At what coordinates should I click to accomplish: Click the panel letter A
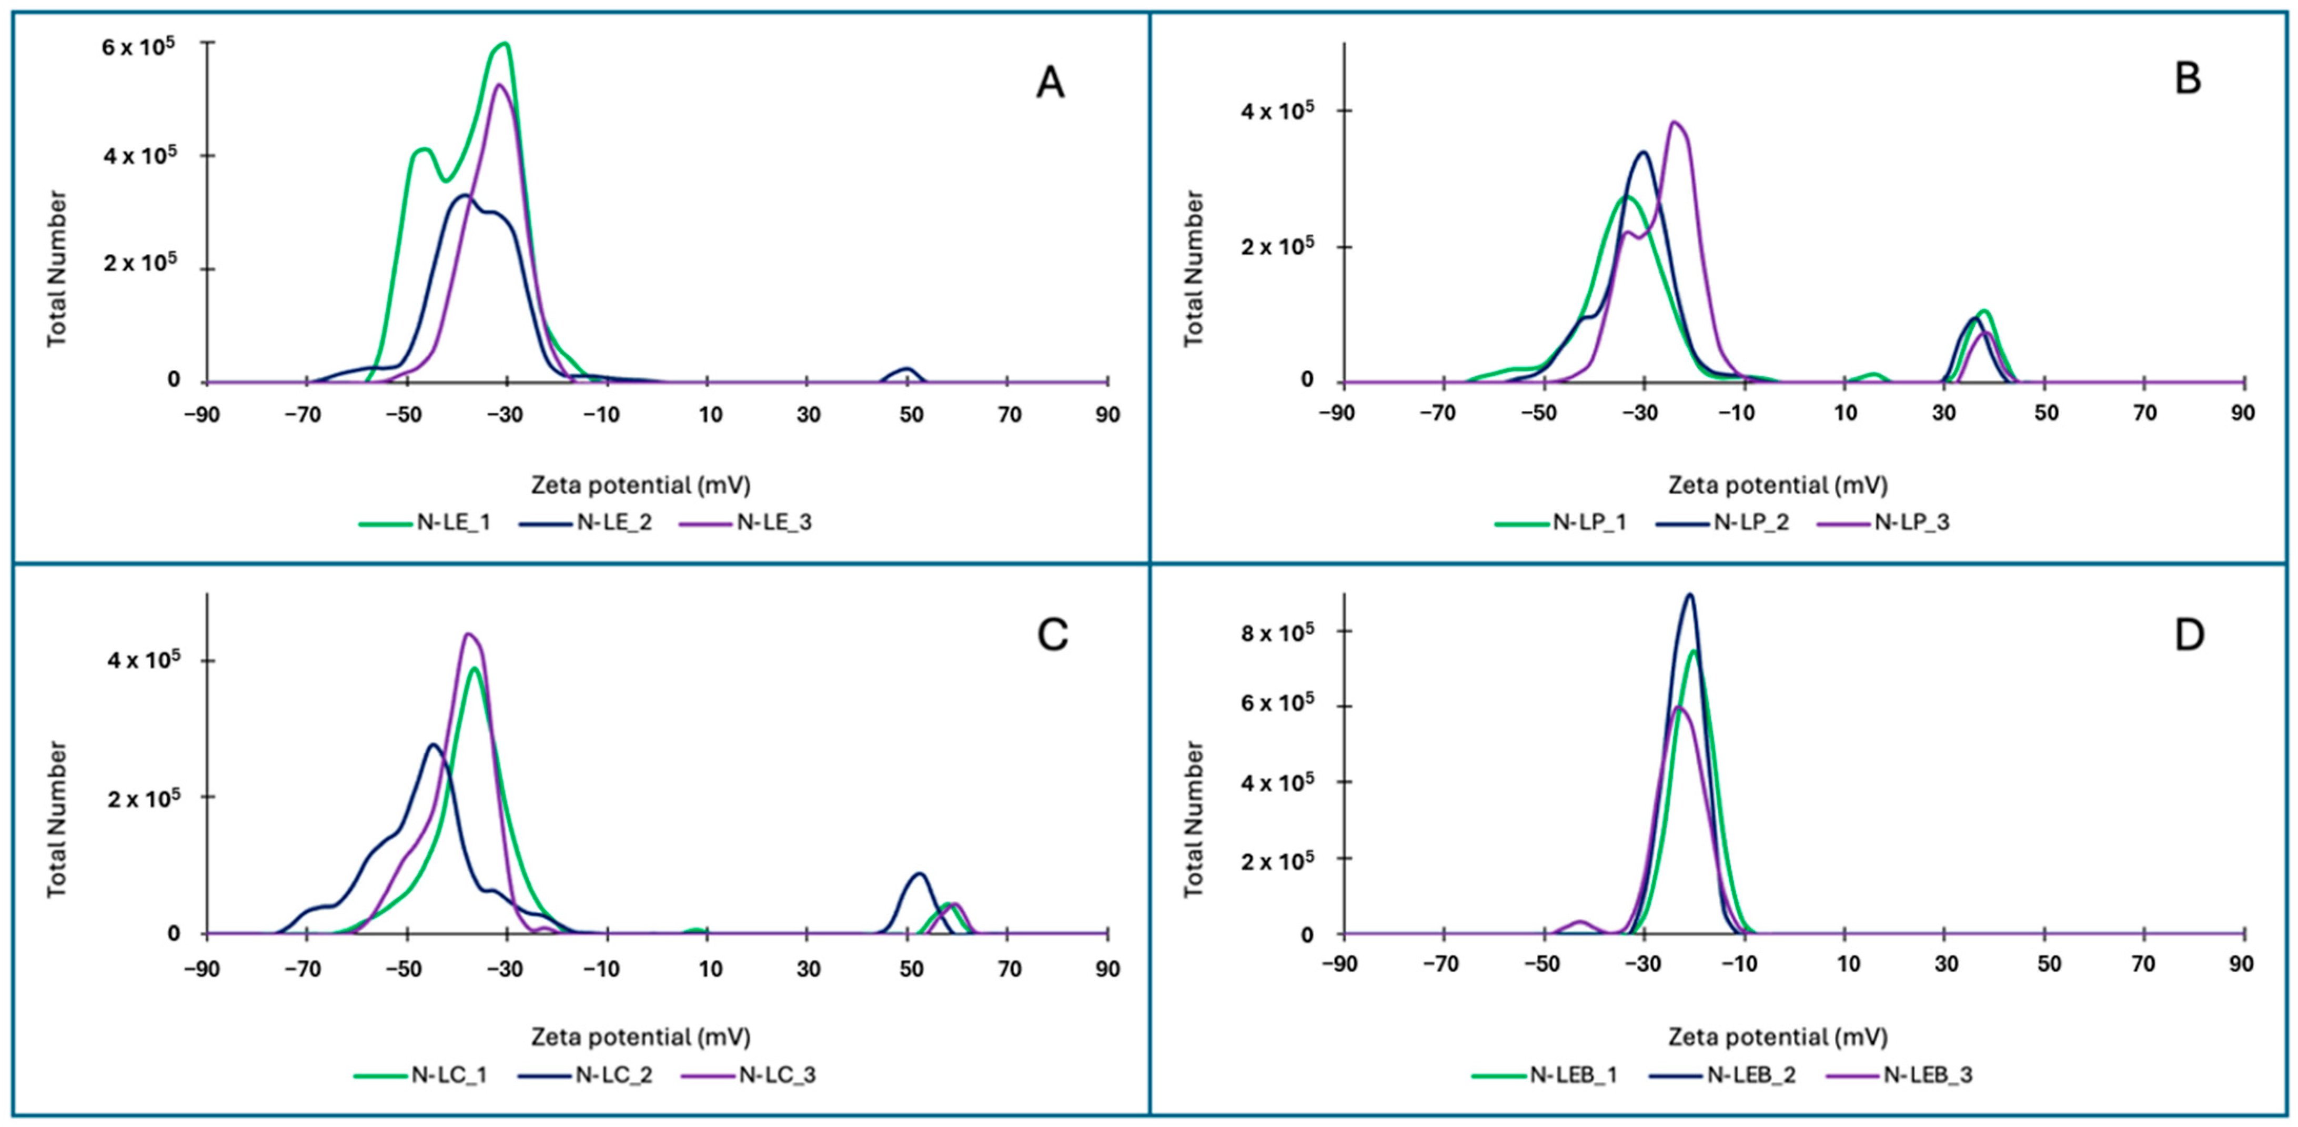1050,84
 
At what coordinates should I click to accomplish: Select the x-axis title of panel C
640,1037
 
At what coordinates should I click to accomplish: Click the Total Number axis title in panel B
1194,268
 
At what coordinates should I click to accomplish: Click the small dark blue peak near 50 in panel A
907,368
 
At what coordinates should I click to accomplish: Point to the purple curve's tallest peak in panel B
1675,122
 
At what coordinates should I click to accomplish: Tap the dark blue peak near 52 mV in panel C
920,873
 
